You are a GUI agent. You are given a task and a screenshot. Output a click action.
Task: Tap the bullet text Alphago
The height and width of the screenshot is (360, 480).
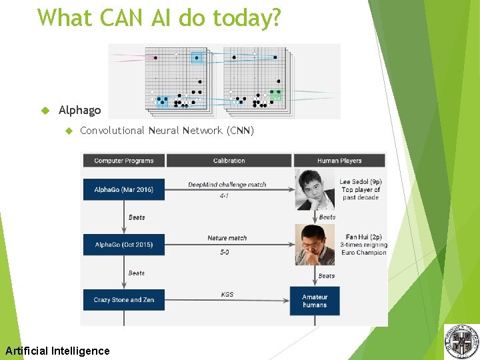point(79,110)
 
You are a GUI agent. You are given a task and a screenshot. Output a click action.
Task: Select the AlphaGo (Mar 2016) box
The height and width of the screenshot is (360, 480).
point(123,189)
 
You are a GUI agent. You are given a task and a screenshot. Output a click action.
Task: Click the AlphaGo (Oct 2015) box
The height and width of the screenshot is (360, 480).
point(123,245)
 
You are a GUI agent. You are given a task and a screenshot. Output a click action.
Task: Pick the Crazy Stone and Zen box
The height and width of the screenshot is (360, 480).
point(123,300)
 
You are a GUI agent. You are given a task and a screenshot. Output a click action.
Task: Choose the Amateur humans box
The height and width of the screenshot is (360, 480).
point(315,301)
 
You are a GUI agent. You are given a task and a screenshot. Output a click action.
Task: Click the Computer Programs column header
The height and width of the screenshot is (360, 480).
point(123,161)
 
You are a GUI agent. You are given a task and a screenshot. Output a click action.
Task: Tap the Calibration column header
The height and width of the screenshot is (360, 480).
point(229,161)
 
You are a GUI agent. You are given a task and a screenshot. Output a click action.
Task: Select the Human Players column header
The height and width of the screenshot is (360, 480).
point(339,161)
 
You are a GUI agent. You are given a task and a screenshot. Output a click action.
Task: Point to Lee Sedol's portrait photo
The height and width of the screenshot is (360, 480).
point(315,189)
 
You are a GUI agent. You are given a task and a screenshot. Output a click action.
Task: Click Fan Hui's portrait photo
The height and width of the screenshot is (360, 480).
point(315,245)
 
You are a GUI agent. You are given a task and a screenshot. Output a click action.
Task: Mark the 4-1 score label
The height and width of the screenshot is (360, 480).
point(224,196)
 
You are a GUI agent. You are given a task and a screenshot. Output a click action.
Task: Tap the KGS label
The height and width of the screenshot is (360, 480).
point(227,294)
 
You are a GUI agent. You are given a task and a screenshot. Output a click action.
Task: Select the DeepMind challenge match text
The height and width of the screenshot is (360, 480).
point(227,185)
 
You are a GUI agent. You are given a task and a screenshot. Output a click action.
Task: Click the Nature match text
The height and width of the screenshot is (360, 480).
point(227,238)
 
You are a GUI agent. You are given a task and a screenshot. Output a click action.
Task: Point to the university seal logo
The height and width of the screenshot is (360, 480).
point(461,341)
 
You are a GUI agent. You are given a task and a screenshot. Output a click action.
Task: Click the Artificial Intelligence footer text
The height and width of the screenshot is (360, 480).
point(57,351)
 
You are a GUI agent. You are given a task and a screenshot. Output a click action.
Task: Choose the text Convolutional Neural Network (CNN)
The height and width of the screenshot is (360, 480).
point(167,131)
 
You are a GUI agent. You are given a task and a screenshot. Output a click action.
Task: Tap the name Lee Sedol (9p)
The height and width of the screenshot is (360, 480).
point(360,182)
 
